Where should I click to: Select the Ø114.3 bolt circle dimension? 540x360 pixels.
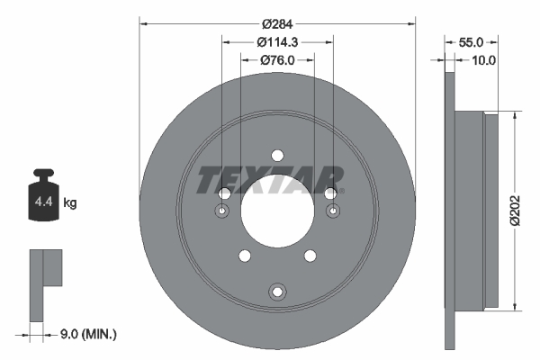pos(276,41)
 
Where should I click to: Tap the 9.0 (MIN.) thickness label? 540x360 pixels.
pos(87,334)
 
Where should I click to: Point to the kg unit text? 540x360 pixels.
pos(69,203)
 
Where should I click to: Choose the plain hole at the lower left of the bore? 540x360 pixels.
pos(243,257)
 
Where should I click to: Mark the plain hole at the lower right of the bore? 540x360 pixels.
pos(310,257)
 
